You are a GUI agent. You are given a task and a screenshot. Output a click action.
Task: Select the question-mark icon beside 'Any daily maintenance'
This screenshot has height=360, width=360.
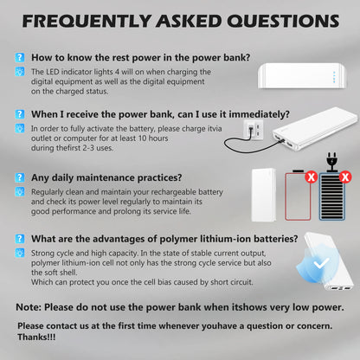point(20,176)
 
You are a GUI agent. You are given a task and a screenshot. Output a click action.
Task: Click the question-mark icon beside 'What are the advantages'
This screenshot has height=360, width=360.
point(20,238)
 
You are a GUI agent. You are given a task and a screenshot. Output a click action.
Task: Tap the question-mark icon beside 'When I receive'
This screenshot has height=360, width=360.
point(20,112)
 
